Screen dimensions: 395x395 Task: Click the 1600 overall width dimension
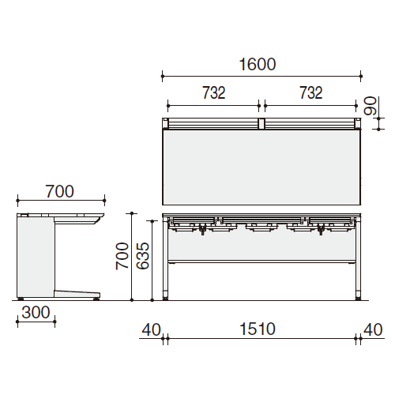point(258,65)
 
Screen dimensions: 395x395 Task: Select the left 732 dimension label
point(214,92)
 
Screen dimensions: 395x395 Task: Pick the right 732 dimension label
point(311,92)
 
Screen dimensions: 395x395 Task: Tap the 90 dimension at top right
point(370,106)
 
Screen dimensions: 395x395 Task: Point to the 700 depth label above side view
point(60,191)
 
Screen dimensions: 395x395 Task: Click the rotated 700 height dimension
point(122,256)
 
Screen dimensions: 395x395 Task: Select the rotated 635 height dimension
point(143,256)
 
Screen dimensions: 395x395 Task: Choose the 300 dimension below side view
point(36,313)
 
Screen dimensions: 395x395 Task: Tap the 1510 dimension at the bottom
point(258,329)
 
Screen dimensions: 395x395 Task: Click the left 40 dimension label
point(151,329)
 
